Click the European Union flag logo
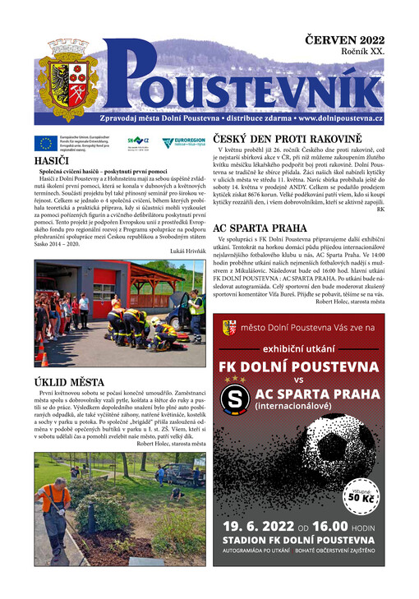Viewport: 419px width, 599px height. (46, 143)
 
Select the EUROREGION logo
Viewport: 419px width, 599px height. (180, 143)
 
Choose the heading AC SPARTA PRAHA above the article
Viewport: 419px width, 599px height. (261, 228)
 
